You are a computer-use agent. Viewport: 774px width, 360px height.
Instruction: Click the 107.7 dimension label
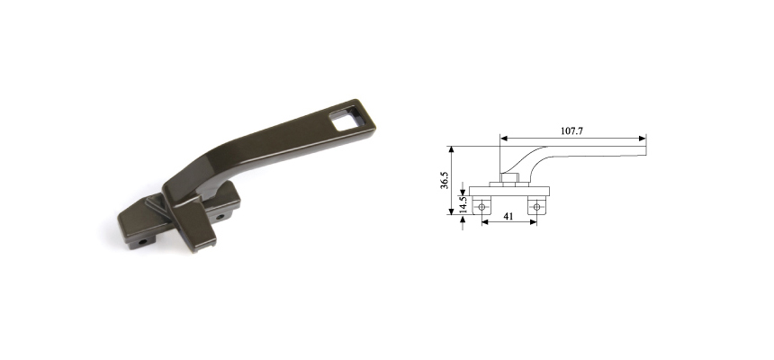571,130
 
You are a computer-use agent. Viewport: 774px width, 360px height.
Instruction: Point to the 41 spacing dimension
508,218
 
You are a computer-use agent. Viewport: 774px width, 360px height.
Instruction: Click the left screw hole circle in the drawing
482,206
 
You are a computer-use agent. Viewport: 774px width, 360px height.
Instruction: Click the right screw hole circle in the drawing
536,206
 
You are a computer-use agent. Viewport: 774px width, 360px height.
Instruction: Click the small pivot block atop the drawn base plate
506,181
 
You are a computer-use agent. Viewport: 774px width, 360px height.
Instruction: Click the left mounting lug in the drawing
482,205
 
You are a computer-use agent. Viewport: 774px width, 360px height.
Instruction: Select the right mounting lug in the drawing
536,205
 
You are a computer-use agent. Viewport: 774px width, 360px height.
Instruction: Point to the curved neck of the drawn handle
526,160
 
